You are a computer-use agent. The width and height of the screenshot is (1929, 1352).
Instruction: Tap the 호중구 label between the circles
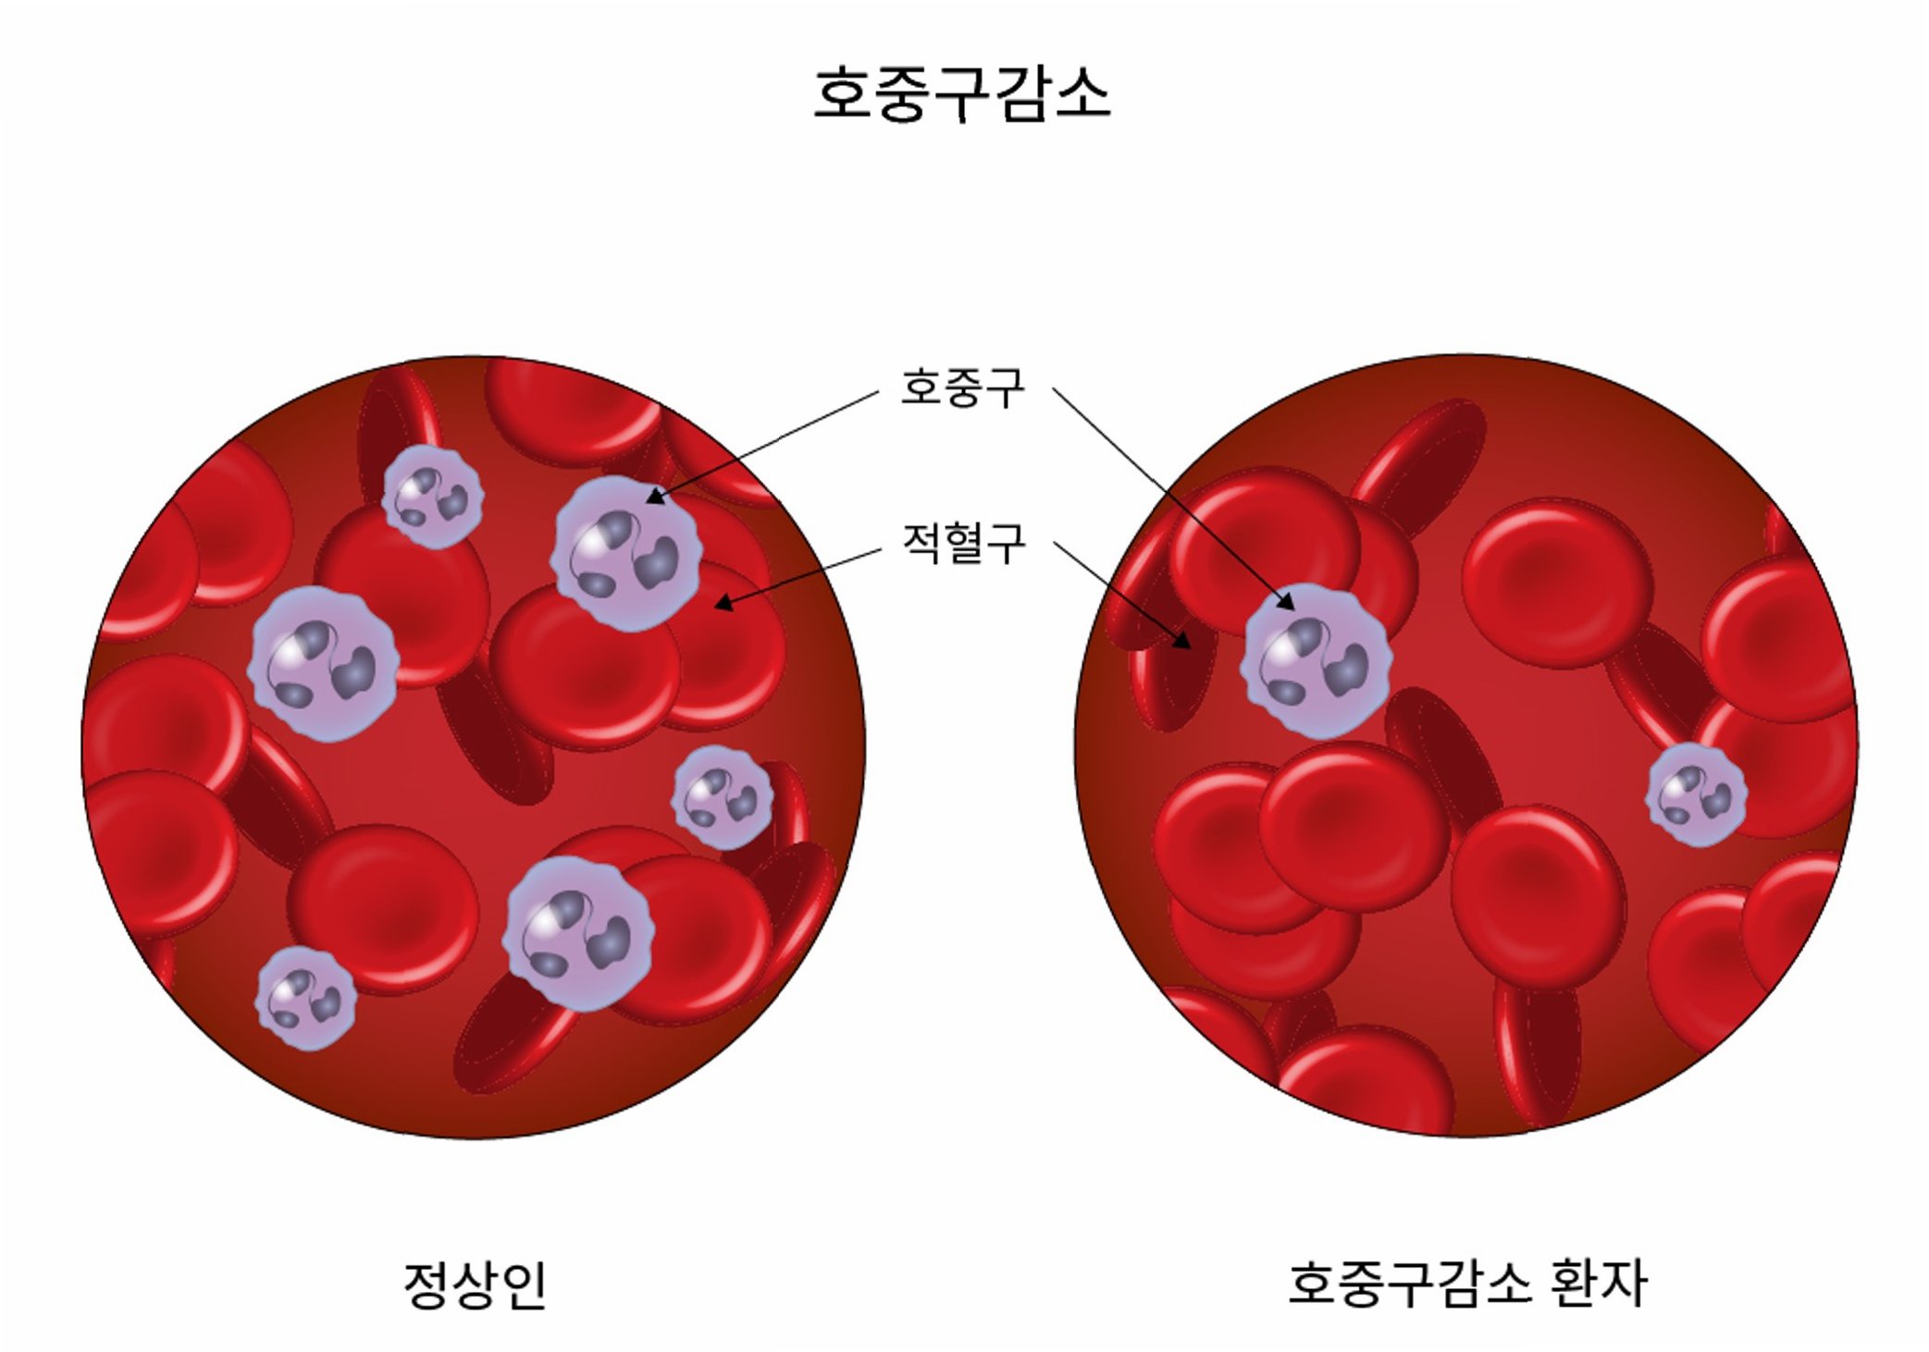pos(963,387)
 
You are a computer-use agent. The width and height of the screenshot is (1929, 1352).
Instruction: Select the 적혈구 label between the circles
pos(963,543)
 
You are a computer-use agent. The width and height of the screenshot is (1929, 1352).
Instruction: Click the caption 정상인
pos(476,1284)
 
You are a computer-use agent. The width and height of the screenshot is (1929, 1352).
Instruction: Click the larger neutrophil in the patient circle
pos(1316,660)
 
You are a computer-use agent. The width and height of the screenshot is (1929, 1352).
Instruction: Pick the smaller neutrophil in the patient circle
pos(1696,794)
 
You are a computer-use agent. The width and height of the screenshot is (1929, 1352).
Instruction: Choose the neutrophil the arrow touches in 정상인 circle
pos(626,553)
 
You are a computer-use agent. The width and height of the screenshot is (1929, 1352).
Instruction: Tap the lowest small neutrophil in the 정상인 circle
pos(305,998)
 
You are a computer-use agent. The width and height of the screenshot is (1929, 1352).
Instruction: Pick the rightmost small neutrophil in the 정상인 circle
pos(722,798)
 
